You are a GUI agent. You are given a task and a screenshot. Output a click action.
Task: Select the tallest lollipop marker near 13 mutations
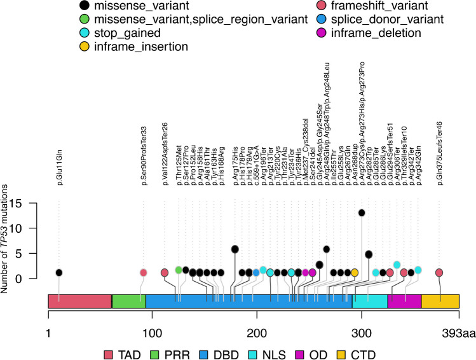pos(362,212)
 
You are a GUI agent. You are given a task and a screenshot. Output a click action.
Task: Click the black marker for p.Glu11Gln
pos(59,272)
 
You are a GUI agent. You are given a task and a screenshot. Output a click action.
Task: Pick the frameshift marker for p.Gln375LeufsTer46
pos(439,272)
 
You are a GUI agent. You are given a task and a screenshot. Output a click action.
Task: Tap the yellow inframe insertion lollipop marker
pos(355,272)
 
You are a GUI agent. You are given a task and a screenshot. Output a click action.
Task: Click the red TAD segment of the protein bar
pos(80,302)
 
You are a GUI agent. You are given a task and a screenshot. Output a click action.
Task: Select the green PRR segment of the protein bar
pos(129,302)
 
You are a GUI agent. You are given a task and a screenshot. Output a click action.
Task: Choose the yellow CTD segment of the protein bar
pos(440,302)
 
